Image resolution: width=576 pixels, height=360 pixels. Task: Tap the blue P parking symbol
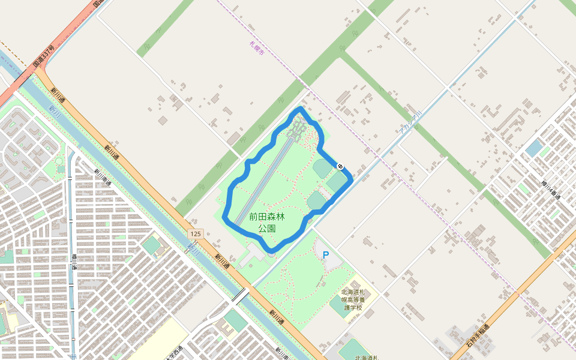(x=326, y=255)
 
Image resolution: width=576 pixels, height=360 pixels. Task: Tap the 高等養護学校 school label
(x=353, y=299)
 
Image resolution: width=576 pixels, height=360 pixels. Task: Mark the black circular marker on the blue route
(x=341, y=166)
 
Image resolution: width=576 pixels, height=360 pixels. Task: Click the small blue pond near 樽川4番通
(x=533, y=148)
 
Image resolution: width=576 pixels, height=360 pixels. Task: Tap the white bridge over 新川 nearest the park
(x=240, y=295)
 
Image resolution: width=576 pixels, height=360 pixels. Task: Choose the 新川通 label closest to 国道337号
(x=58, y=95)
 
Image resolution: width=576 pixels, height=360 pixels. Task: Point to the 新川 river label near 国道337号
(x=55, y=110)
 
